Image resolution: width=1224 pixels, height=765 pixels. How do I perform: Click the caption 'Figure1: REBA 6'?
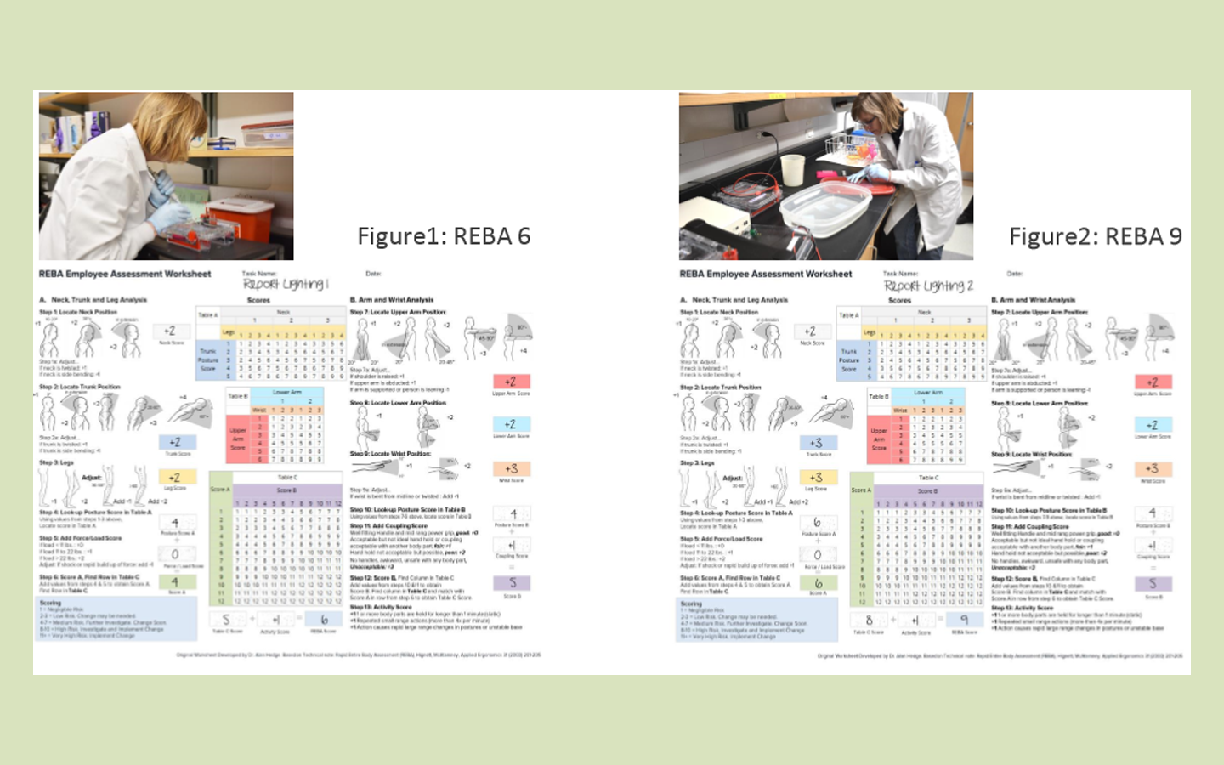pos(444,236)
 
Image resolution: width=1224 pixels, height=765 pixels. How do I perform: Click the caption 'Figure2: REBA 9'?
pos(1095,236)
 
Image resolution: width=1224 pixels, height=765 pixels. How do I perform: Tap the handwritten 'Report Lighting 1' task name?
pos(286,284)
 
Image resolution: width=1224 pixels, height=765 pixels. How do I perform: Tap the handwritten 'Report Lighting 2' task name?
pos(928,286)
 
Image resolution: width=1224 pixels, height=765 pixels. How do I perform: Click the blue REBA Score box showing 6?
pos(324,620)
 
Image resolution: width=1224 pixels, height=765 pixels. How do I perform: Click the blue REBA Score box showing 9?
pos(965,620)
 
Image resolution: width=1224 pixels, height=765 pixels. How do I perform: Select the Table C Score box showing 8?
pos(869,620)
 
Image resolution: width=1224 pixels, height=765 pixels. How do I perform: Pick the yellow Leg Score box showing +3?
pos(816,478)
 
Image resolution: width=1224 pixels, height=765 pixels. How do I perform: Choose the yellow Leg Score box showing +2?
pos(174,478)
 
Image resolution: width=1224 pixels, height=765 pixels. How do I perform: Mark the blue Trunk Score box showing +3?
pos(816,443)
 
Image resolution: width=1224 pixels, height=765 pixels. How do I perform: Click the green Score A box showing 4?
pos(174,582)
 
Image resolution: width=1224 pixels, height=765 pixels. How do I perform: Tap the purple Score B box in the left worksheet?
pos(513,582)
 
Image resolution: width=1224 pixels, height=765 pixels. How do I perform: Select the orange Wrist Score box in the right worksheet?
pos(1152,468)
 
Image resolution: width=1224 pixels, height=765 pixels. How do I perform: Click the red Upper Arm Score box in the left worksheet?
pos(511,382)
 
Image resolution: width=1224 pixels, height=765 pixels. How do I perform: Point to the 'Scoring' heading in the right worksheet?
pos(691,603)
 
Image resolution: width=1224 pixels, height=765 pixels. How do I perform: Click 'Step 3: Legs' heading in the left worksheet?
pos(56,463)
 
